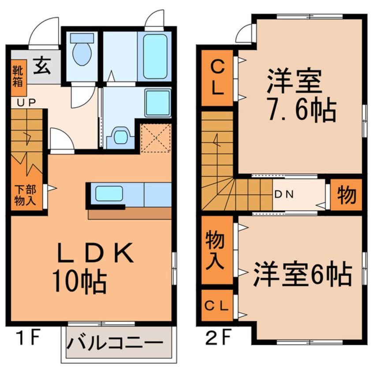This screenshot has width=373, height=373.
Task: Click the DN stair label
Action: click(284, 194)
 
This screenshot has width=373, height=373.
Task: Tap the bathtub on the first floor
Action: click(154, 56)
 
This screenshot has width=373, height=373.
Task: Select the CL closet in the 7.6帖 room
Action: click(217, 78)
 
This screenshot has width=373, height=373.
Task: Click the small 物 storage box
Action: click(347, 194)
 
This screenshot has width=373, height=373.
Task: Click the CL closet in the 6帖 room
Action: click(216, 305)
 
